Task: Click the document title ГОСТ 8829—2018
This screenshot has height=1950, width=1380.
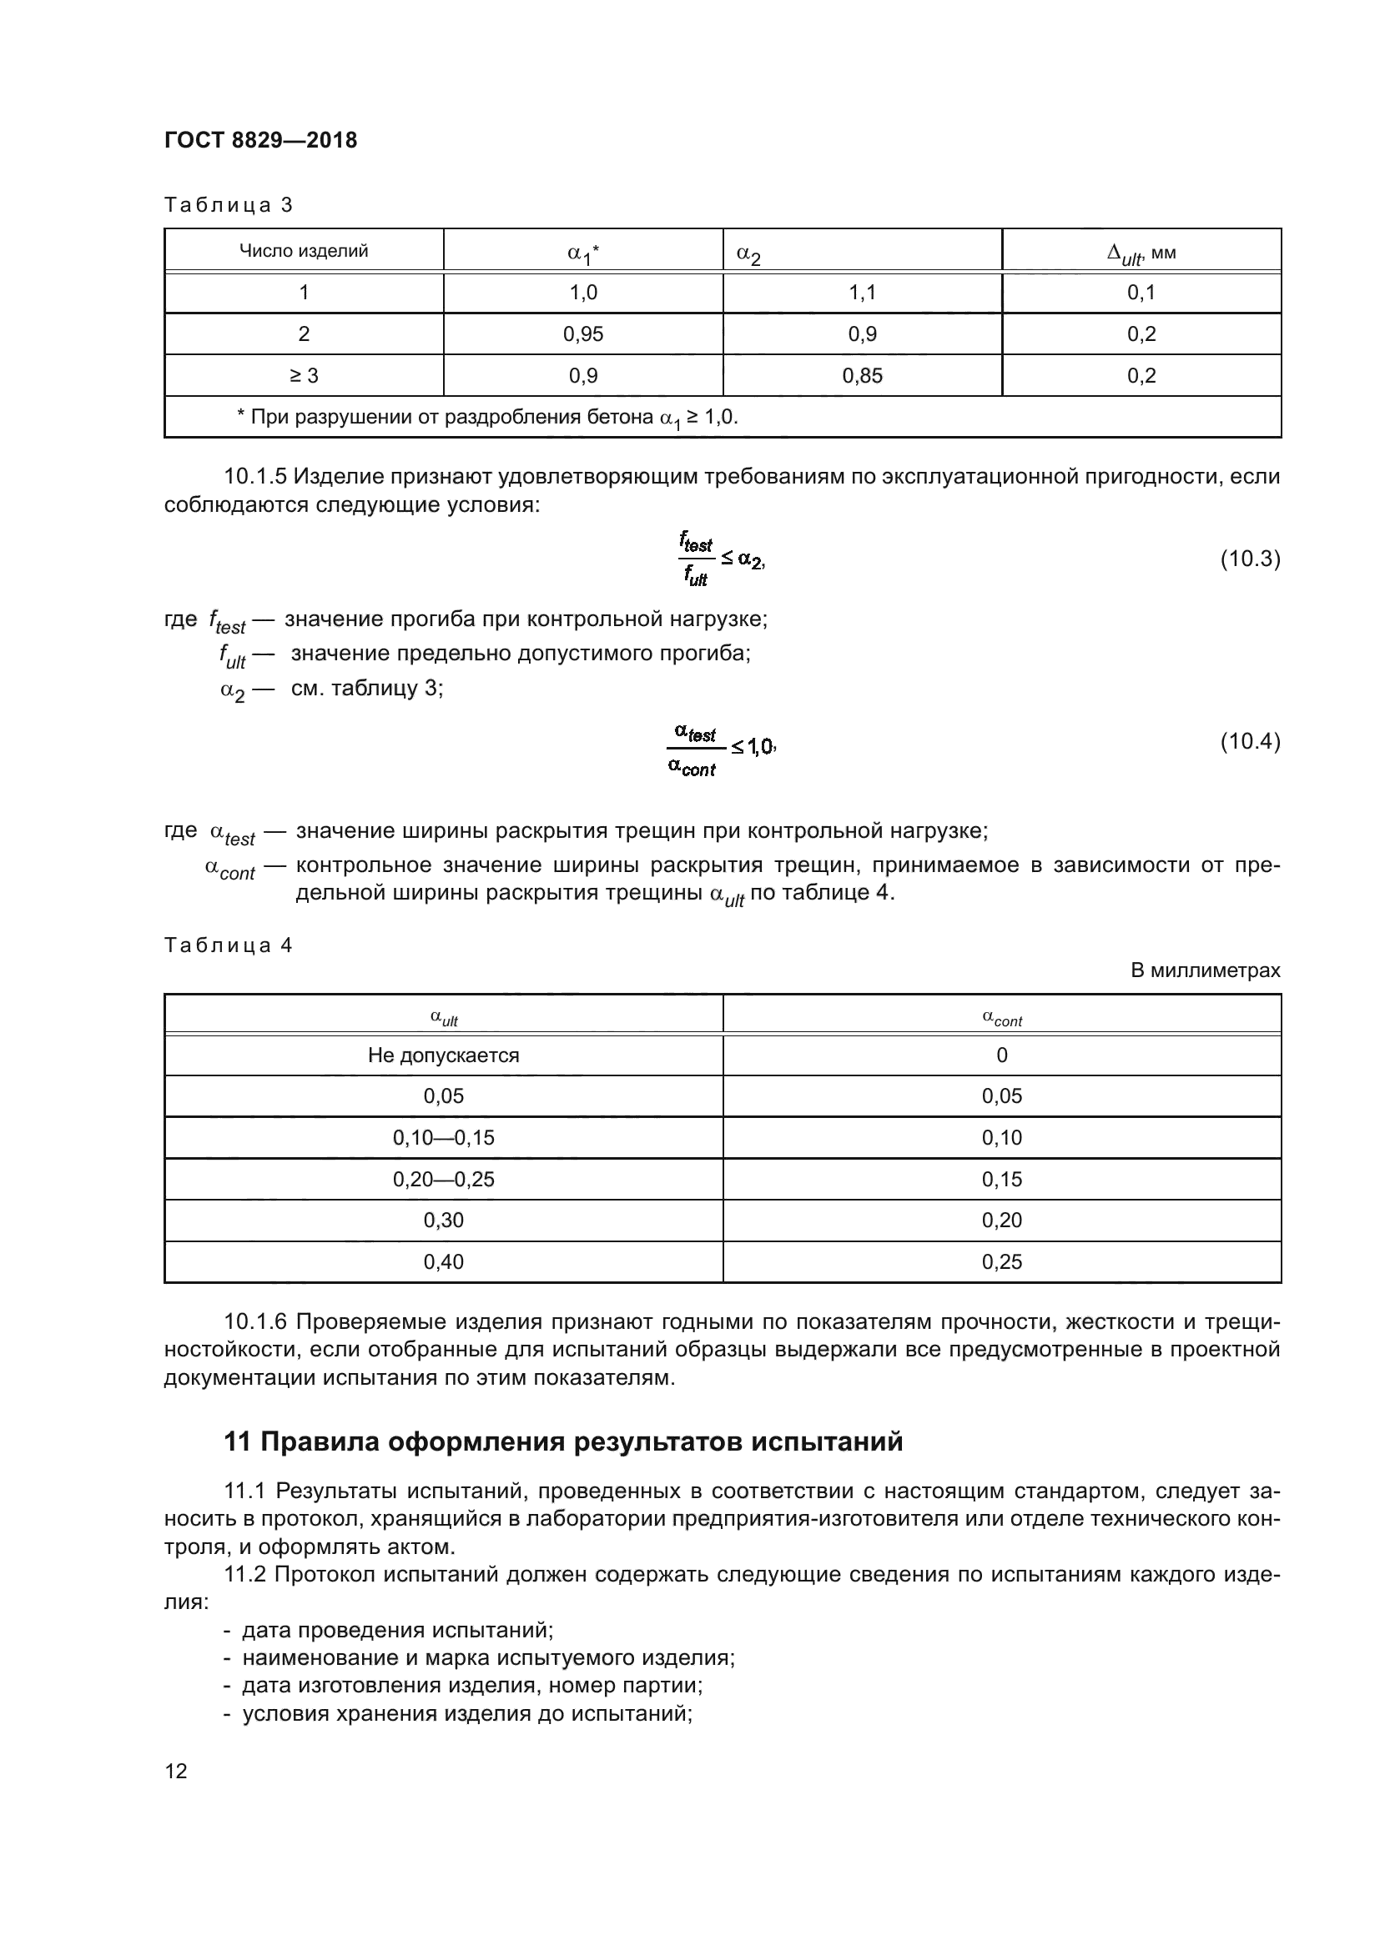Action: tap(260, 140)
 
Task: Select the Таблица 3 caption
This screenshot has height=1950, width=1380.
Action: tap(228, 205)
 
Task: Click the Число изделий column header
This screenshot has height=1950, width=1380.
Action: tap(304, 251)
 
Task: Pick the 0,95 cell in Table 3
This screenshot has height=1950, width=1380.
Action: tap(583, 333)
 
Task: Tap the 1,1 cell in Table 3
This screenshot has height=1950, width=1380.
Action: tap(862, 293)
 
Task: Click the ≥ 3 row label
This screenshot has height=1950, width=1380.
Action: tap(304, 375)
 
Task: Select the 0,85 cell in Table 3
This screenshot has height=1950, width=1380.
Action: tap(862, 375)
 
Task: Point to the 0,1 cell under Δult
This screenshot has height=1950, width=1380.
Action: tap(1141, 293)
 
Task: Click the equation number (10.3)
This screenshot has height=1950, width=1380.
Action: tap(1249, 559)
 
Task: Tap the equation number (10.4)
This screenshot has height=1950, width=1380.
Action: tap(1249, 741)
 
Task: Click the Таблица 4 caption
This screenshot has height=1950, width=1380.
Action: tap(228, 945)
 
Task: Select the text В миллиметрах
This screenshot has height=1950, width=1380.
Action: tap(1205, 970)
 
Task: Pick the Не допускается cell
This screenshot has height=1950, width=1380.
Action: tap(443, 1055)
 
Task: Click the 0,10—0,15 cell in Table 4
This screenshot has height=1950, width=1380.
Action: tap(443, 1137)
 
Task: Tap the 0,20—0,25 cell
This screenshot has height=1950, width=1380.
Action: tap(443, 1179)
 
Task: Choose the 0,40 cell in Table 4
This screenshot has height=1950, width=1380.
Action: tap(443, 1261)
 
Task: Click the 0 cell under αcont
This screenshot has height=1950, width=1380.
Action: tap(1001, 1055)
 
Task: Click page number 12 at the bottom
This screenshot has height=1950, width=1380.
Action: tap(176, 1771)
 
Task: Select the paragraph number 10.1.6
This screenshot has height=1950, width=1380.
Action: tap(256, 1321)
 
